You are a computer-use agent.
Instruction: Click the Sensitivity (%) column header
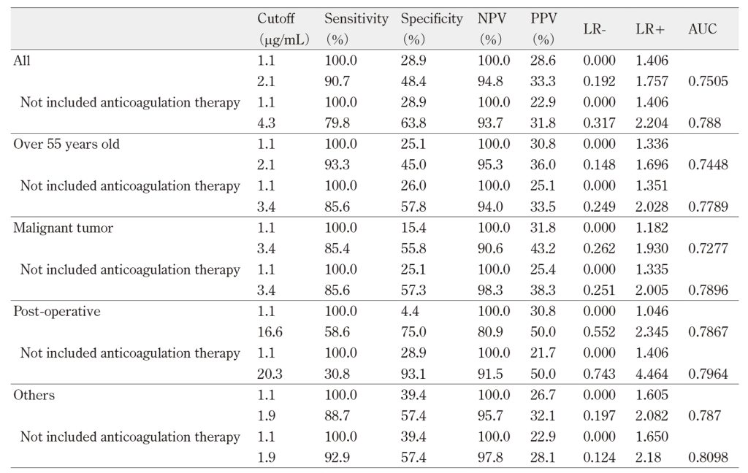pyautogui.click(x=356, y=28)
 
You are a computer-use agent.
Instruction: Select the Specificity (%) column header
pyautogui.click(x=432, y=28)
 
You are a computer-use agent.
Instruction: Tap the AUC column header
pyautogui.click(x=702, y=29)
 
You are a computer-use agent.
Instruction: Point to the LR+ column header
pyautogui.click(x=649, y=29)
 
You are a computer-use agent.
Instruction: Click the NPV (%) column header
pyautogui.click(x=492, y=28)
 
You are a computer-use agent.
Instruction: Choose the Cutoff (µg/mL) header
pyautogui.click(x=283, y=28)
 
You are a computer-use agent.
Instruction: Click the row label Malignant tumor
pyautogui.click(x=63, y=228)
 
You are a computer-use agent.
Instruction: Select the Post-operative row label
pyautogui.click(x=57, y=312)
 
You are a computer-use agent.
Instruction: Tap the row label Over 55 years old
pyautogui.click(x=66, y=144)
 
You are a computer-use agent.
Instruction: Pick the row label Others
pyautogui.click(x=34, y=396)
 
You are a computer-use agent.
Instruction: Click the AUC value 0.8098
pyautogui.click(x=708, y=458)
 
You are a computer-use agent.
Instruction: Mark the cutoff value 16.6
pyautogui.click(x=270, y=332)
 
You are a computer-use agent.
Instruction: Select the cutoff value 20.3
pyautogui.click(x=270, y=374)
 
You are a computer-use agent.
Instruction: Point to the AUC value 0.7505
pyautogui.click(x=708, y=81)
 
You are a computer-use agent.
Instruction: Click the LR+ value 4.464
pyautogui.click(x=652, y=374)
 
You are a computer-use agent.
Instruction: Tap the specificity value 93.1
pyautogui.click(x=413, y=374)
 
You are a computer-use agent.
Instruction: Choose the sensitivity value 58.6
pyautogui.click(x=337, y=332)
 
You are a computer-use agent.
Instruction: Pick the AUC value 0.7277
pyautogui.click(x=708, y=248)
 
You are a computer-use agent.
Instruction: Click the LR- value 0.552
pyautogui.click(x=599, y=332)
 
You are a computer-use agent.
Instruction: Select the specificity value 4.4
pyautogui.click(x=410, y=312)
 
